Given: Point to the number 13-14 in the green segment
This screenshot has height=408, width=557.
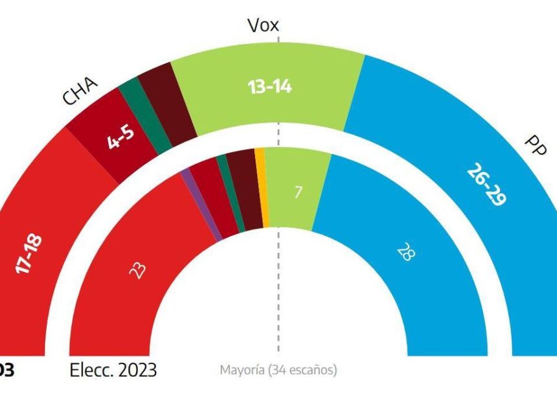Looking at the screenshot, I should tap(269, 87).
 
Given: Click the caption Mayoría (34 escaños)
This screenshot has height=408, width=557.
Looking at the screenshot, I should tap(278, 370).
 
